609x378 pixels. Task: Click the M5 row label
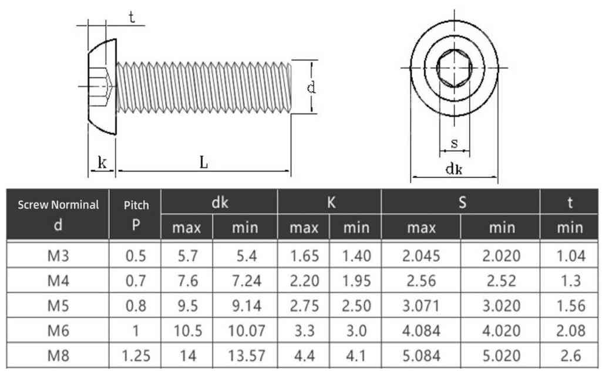coord(58,306)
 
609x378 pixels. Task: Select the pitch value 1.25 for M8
coord(136,356)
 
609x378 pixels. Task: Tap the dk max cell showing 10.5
coord(188,331)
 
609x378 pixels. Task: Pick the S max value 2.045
coord(421,256)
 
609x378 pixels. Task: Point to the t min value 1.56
coord(571,306)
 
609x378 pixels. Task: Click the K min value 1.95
coord(356,281)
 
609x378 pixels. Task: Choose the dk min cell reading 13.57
coord(246,356)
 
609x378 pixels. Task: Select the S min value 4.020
coord(502,331)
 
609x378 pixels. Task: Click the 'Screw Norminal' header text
coord(58,204)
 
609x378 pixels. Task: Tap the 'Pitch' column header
coord(136,205)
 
